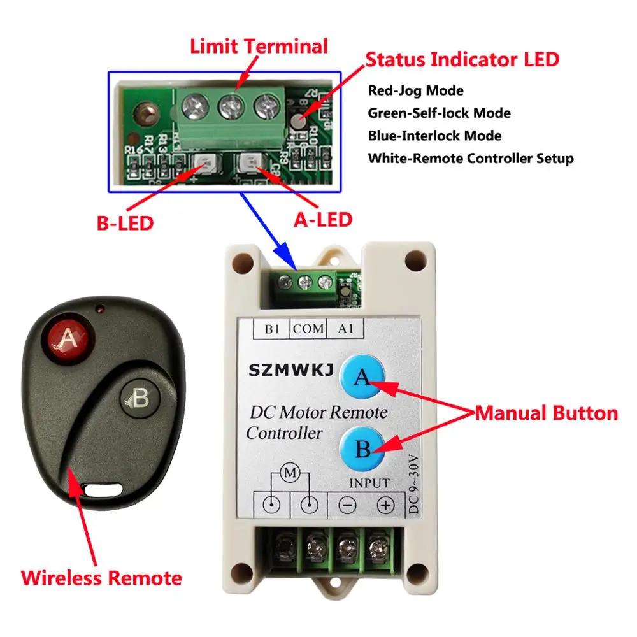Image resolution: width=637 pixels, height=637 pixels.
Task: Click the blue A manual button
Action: pyautogui.click(x=362, y=377)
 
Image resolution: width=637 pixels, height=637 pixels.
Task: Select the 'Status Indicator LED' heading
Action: pyautogui.click(x=462, y=59)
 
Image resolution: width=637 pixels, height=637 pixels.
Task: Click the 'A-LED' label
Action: pyautogui.click(x=322, y=219)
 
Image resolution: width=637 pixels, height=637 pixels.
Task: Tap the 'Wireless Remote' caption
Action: pyautogui.click(x=101, y=578)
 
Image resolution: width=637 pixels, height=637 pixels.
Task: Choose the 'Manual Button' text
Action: pyautogui.click(x=547, y=413)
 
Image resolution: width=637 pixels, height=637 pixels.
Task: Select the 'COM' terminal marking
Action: pyautogui.click(x=308, y=329)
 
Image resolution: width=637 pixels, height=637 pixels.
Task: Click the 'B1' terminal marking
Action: pyautogui.click(x=271, y=329)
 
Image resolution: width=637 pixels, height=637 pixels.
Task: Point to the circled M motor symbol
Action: pyautogui.click(x=290, y=473)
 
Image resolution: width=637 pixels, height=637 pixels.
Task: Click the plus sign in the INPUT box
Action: pyautogui.click(x=385, y=506)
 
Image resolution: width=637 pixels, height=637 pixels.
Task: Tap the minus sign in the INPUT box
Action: pyautogui.click(x=347, y=506)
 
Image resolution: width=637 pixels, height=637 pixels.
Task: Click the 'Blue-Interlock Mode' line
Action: pyautogui.click(x=434, y=136)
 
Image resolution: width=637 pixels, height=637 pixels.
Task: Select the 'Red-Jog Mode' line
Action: pyautogui.click(x=415, y=90)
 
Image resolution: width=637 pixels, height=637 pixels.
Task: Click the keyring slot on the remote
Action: pyautogui.click(x=103, y=490)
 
